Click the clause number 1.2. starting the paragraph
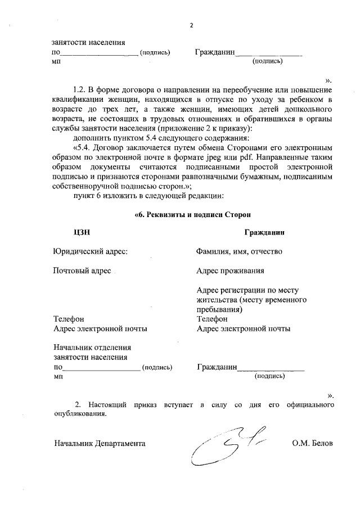click(x=82, y=89)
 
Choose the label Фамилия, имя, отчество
click(x=238, y=251)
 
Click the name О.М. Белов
click(x=312, y=443)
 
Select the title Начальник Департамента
click(x=100, y=443)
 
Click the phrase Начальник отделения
click(x=92, y=348)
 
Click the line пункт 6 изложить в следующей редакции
click(x=149, y=196)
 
